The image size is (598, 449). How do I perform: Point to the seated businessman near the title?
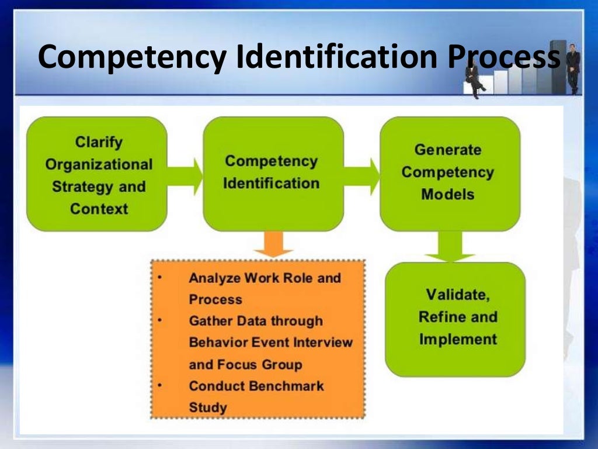[x=474, y=82]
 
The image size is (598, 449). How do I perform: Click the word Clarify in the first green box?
[x=99, y=141]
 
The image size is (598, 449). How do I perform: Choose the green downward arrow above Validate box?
[x=450, y=246]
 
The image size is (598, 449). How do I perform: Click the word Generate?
[x=448, y=150]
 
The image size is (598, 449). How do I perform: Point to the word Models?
[x=448, y=194]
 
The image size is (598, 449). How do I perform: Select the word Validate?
[x=457, y=294]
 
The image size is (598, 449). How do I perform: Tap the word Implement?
[x=458, y=339]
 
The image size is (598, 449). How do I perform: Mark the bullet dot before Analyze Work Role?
[x=160, y=277]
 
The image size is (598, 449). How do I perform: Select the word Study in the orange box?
[x=207, y=407]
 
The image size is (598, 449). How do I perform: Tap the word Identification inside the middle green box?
[x=271, y=184]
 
